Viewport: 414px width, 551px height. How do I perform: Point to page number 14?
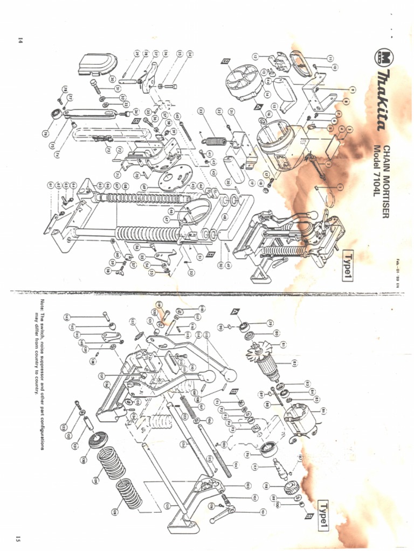(x=20, y=40)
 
